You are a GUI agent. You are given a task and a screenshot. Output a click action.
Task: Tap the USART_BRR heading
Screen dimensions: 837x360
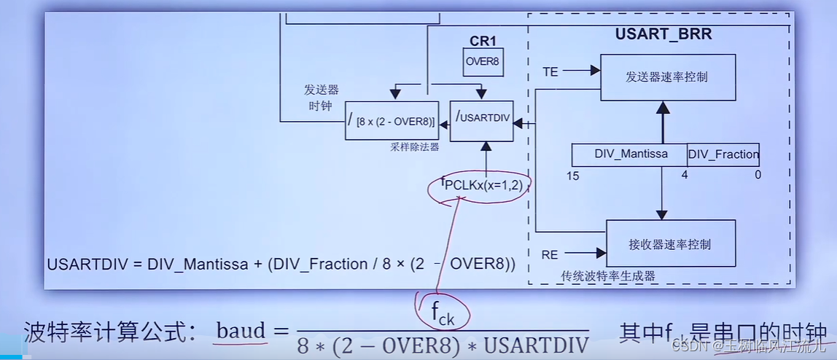(x=663, y=34)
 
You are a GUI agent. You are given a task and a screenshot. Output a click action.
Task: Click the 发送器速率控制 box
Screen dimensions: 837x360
(x=666, y=77)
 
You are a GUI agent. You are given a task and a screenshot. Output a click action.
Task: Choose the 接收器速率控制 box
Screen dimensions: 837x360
(x=671, y=244)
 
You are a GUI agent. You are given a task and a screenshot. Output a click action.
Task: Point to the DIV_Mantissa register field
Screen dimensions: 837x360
(x=630, y=154)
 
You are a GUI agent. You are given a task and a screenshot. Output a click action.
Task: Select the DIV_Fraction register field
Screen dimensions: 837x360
(x=723, y=154)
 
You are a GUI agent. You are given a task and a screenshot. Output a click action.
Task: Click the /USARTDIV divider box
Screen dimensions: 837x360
(x=482, y=120)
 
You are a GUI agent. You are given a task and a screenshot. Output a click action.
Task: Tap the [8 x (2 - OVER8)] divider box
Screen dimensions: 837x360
(x=392, y=120)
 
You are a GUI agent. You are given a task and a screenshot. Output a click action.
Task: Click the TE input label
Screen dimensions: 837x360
(x=551, y=71)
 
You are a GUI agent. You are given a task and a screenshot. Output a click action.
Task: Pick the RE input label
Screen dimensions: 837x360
(x=551, y=254)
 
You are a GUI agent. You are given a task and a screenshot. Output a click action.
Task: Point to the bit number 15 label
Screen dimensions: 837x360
(x=573, y=175)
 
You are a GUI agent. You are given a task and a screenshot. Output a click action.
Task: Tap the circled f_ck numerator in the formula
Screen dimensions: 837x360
(x=443, y=316)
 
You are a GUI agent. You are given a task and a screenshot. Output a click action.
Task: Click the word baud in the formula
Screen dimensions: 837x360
(x=241, y=331)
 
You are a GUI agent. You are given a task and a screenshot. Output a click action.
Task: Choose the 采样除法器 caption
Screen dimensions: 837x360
(x=414, y=147)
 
